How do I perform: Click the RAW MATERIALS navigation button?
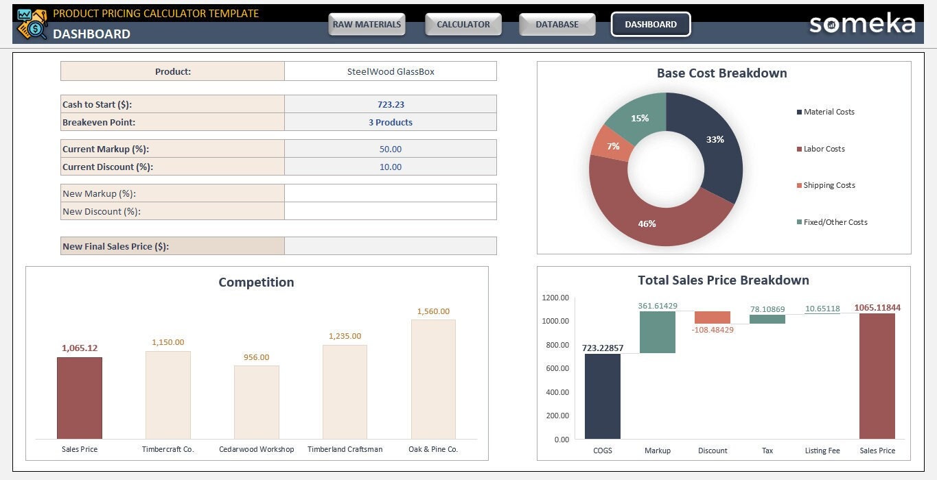(367, 25)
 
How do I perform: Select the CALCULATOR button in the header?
(463, 25)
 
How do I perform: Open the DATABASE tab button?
(557, 25)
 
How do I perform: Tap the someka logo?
(862, 24)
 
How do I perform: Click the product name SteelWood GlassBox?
(390, 71)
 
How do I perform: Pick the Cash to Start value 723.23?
(390, 104)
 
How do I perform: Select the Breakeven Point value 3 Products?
(390, 122)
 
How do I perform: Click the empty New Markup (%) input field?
(390, 193)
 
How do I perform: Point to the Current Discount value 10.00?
(390, 167)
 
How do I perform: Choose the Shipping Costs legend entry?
(829, 185)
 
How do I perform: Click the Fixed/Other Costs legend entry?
(835, 222)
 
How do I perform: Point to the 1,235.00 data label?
(345, 336)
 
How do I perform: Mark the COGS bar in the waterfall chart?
(602, 396)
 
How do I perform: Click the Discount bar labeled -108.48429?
(712, 317)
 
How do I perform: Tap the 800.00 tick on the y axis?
(555, 345)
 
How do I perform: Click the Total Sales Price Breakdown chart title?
(723, 280)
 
